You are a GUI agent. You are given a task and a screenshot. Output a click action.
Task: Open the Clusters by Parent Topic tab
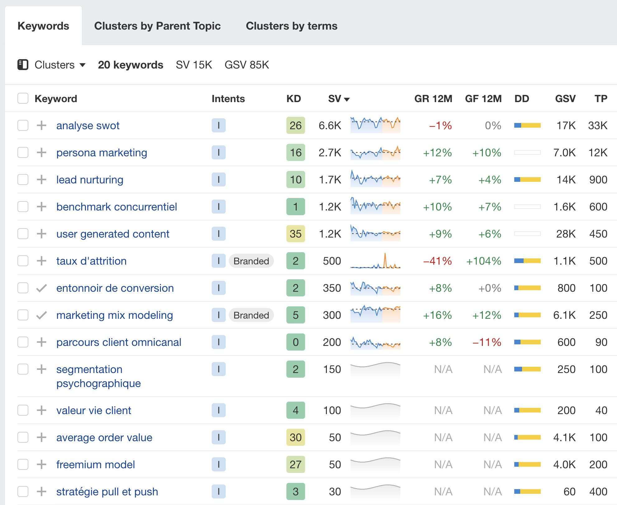tap(157, 26)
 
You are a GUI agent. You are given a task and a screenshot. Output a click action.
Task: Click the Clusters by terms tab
tap(291, 26)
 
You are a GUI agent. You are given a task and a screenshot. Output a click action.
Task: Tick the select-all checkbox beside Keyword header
tap(23, 98)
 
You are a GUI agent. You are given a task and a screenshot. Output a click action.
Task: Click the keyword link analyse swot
tap(88, 125)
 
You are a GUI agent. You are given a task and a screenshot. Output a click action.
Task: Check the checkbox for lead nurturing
tap(23, 180)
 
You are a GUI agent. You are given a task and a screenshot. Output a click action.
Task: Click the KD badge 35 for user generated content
tap(295, 234)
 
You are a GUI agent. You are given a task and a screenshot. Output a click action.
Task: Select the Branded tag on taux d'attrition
tap(251, 261)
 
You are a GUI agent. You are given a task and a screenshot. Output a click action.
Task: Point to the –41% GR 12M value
tap(437, 261)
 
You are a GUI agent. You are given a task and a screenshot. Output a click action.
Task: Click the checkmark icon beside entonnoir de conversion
tap(41, 288)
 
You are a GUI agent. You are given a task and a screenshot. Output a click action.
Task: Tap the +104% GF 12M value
tap(483, 261)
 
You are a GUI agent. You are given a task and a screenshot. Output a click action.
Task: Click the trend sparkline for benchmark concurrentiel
tap(375, 207)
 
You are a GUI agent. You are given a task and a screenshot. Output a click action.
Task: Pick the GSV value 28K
tap(566, 234)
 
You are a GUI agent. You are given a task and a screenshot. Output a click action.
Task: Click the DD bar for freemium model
tap(527, 465)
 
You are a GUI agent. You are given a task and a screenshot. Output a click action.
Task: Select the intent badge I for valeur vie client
tap(219, 410)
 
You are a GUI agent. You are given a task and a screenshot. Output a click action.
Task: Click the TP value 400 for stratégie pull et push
tap(598, 492)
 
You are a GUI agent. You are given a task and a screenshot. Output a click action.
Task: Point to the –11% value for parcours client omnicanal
tap(487, 342)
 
